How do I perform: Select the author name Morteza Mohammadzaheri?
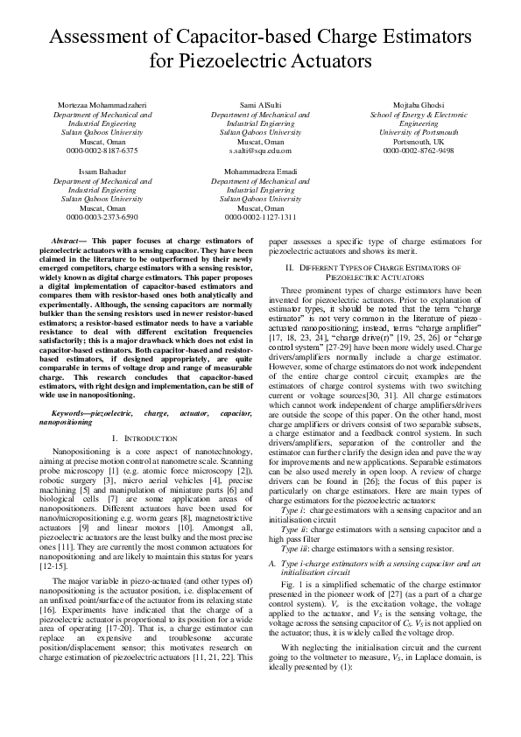102,105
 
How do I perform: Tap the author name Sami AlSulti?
260,105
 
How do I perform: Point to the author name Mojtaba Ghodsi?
419,105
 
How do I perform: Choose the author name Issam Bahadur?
102,172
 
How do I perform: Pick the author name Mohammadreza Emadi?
260,172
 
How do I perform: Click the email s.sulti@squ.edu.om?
260,151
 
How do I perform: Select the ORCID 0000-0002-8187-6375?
102,151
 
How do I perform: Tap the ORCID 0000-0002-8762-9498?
419,151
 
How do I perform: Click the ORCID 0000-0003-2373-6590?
102,216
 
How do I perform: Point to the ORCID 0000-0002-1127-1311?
260,216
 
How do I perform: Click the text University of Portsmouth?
419,132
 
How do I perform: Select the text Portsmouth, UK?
419,141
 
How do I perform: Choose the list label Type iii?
295,572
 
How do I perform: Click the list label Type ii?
294,554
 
